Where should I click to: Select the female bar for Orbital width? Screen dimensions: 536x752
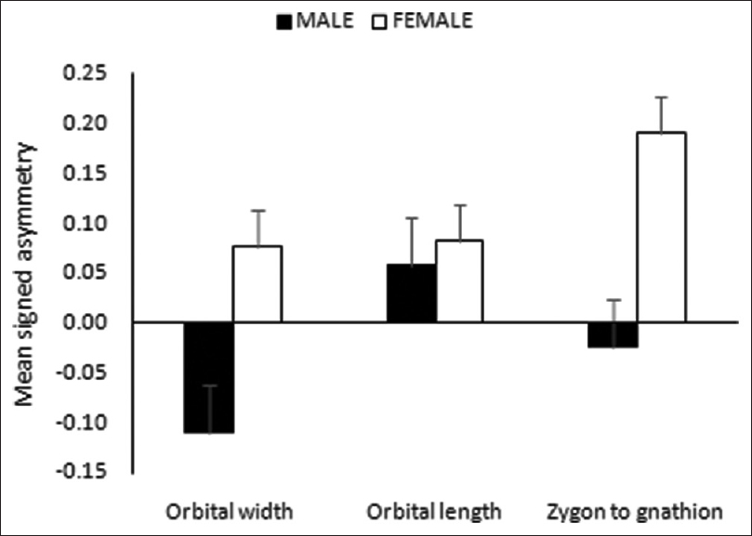coord(257,284)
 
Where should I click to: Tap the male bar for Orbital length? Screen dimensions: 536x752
coord(412,294)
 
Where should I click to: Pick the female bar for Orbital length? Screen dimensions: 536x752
coord(458,281)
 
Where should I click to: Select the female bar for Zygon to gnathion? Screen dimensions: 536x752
coord(661,228)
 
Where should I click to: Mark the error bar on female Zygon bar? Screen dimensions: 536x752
coord(661,113)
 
